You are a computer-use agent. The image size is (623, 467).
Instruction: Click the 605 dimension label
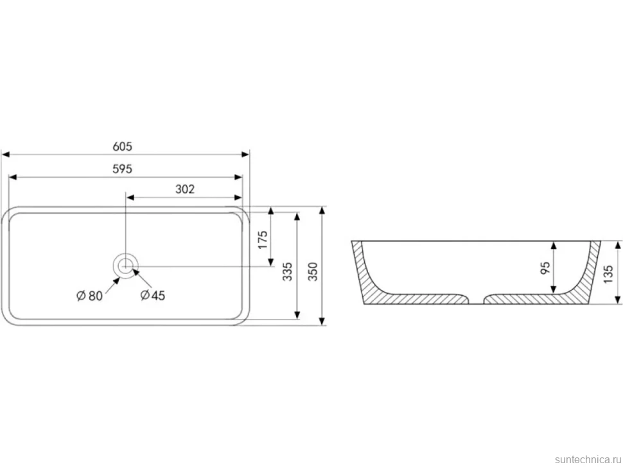coord(122,146)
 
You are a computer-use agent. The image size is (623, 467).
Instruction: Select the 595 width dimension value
coord(122,169)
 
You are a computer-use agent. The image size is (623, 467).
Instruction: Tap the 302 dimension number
coord(185,189)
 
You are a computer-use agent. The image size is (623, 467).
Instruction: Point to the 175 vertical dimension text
coord(263,240)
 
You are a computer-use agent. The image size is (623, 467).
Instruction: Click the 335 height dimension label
coord(287,271)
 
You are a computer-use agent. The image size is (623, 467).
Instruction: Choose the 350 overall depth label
coord(313,271)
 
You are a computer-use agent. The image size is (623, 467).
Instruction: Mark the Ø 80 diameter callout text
coord(89,296)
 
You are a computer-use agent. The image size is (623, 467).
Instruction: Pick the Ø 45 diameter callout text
coord(153,295)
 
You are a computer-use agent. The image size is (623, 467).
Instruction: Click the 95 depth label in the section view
coord(545,268)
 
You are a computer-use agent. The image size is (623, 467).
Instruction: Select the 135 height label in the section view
coord(608,274)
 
